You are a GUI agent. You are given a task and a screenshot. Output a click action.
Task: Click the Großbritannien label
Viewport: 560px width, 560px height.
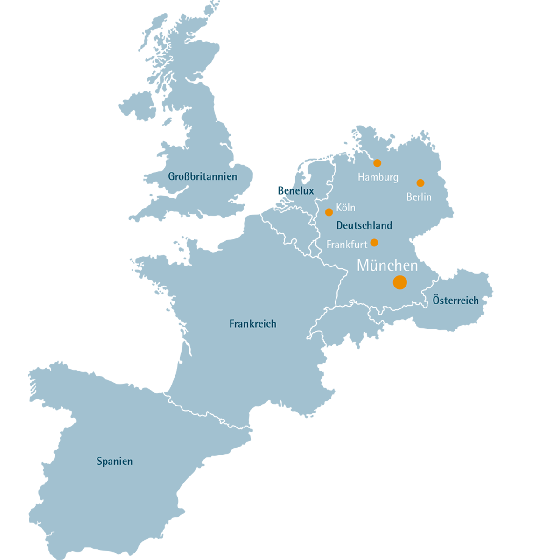203,177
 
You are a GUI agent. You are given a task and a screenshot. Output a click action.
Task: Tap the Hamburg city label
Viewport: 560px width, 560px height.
378,177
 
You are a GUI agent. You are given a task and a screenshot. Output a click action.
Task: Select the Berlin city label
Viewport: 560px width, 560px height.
419,197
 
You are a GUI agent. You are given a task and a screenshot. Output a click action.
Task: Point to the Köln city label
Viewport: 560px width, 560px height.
345,208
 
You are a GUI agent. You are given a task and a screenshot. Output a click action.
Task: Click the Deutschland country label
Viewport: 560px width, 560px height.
364,226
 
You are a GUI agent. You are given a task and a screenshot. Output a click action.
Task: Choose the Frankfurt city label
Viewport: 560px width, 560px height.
347,245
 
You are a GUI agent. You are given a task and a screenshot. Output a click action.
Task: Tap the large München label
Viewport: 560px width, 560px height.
387,266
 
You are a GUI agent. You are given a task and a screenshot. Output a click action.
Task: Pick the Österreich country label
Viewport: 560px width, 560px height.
455,301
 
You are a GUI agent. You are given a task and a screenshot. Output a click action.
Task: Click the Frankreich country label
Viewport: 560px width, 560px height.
252,324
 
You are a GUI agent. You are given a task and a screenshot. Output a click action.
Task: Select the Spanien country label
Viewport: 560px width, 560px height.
114,462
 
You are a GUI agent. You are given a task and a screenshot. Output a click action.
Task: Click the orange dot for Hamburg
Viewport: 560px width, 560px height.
377,163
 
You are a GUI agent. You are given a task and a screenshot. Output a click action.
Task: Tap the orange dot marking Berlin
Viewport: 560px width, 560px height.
420,183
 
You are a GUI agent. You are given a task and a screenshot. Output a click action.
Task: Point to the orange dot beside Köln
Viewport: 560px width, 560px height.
329,212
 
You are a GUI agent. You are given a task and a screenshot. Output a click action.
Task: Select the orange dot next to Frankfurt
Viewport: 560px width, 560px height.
374,243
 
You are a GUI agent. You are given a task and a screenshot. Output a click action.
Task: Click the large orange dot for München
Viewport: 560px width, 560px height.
400,282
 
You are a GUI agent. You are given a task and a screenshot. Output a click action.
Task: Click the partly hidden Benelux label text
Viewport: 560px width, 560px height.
301,191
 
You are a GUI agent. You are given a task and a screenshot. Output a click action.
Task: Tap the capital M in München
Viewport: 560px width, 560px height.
364,266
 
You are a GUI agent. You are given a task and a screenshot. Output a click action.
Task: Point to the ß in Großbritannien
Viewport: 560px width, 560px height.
189,177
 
